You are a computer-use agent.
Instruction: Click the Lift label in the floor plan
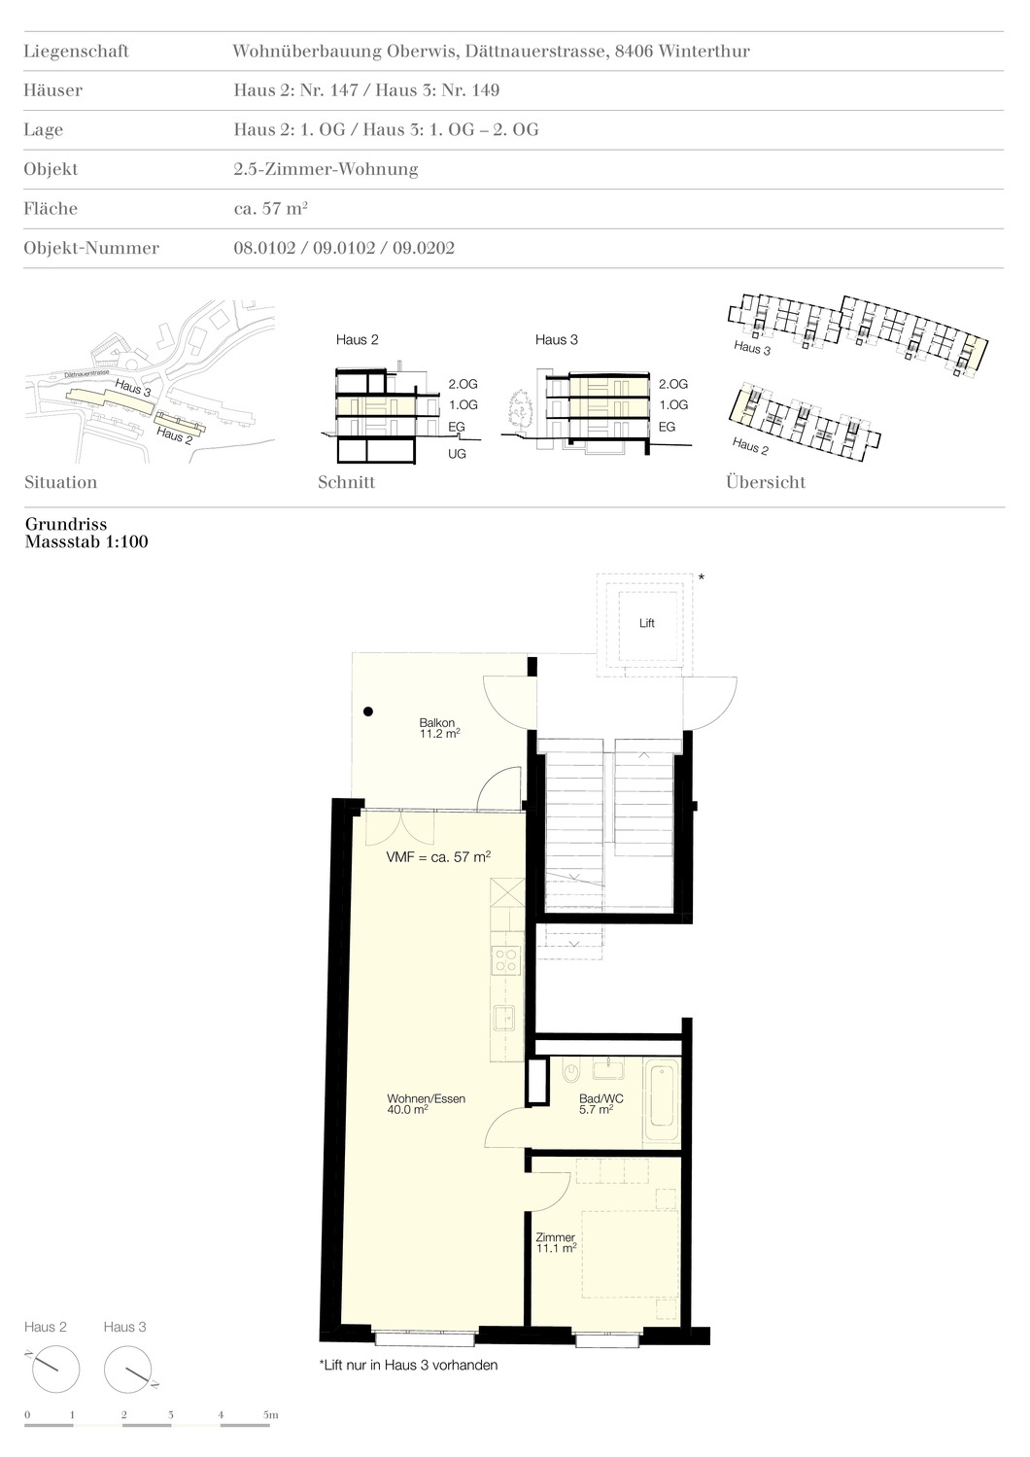click(646, 623)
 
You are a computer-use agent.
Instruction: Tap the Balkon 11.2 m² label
click(439, 728)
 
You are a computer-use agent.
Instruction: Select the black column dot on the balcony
click(368, 711)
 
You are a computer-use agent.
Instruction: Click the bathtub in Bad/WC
click(662, 1100)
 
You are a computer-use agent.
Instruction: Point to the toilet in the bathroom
click(571, 1071)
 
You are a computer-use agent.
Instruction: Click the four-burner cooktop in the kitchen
click(506, 959)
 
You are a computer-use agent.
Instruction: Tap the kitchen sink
click(505, 1018)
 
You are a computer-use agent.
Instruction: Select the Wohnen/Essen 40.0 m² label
click(426, 1104)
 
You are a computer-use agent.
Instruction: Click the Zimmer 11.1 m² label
click(556, 1243)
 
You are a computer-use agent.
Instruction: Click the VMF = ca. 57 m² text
click(438, 856)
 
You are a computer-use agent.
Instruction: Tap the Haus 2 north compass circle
click(56, 1370)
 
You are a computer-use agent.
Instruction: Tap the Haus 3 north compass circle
click(128, 1370)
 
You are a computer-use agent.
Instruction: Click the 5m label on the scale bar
click(270, 1414)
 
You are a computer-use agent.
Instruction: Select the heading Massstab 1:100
click(86, 541)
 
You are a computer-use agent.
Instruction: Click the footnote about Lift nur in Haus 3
click(408, 1365)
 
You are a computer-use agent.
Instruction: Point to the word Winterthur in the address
click(704, 52)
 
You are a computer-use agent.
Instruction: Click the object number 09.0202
click(424, 248)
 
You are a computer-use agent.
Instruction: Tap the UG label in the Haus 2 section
click(457, 453)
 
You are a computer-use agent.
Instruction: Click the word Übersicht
click(766, 482)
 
